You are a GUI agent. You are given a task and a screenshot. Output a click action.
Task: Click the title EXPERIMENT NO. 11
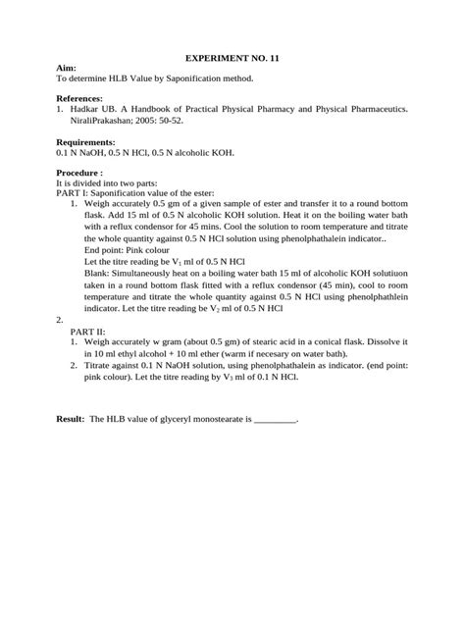coord(232,59)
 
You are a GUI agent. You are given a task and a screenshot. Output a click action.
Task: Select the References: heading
coord(81,99)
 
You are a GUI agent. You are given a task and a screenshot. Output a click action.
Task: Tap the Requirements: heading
coord(86,142)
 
